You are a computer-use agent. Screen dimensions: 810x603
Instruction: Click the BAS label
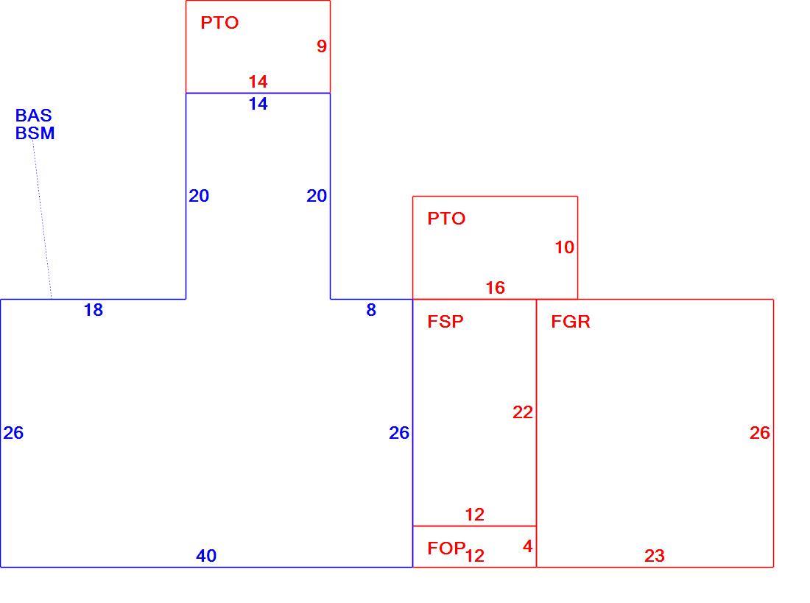click(x=34, y=116)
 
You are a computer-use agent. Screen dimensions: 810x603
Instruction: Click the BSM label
click(x=35, y=133)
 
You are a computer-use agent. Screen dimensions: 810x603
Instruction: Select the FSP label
click(x=445, y=322)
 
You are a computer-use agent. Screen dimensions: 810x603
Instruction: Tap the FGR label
click(x=570, y=322)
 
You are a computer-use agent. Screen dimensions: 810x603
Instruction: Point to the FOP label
click(x=446, y=549)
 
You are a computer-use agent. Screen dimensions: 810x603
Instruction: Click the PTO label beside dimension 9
click(x=219, y=23)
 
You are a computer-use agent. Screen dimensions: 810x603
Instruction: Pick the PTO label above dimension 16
click(x=446, y=219)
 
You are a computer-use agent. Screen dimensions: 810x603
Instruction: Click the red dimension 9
click(x=322, y=46)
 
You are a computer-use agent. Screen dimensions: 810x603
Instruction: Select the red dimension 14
click(x=258, y=82)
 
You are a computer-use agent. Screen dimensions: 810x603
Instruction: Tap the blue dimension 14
click(x=258, y=104)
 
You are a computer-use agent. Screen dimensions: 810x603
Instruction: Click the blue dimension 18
click(x=93, y=310)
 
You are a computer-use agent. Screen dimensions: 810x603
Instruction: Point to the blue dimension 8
click(x=371, y=310)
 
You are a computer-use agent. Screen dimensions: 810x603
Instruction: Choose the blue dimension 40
click(x=206, y=556)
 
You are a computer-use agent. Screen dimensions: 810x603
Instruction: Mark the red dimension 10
click(x=564, y=247)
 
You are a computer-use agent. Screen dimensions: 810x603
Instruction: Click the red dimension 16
click(x=495, y=288)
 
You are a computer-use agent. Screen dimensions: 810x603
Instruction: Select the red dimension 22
click(x=522, y=412)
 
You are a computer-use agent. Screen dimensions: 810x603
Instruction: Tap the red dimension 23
click(x=654, y=556)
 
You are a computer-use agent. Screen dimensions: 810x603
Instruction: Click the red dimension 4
click(x=527, y=546)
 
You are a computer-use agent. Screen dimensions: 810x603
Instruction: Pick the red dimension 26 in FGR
click(x=759, y=433)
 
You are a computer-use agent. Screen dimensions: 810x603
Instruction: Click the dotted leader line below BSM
click(x=43, y=219)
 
